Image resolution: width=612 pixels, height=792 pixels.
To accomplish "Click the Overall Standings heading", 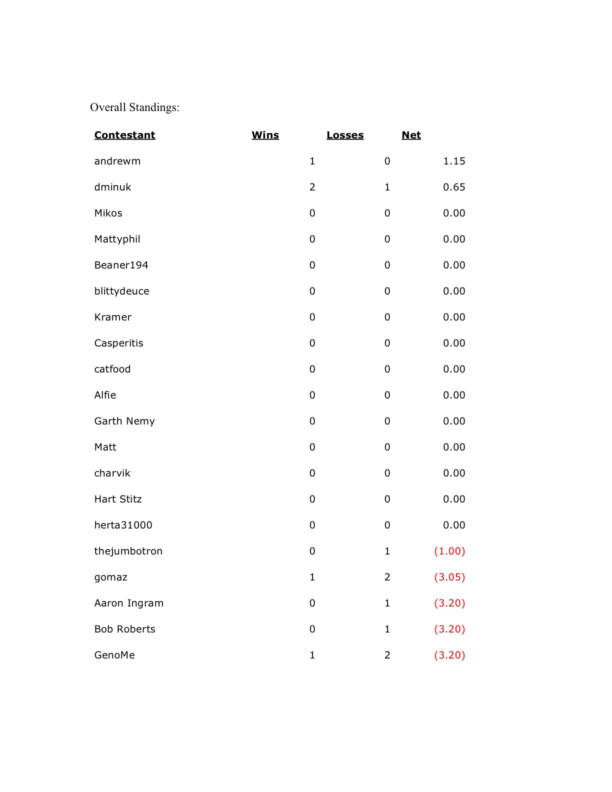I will click(134, 107).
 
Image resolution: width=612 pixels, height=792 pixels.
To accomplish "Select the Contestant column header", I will click(124, 135).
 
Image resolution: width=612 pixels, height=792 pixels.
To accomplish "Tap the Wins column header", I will click(265, 135).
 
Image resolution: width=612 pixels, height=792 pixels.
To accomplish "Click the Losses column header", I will click(345, 135).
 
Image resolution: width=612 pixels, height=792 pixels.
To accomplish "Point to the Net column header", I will click(411, 135).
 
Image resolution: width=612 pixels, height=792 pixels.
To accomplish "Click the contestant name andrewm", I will click(117, 161).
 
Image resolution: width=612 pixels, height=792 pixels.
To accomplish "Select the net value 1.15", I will click(454, 161).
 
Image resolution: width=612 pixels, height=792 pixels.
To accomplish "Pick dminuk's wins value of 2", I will click(312, 187).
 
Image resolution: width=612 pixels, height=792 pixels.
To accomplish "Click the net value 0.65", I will click(454, 187).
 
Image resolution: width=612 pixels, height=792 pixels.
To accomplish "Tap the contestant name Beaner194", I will click(121, 265).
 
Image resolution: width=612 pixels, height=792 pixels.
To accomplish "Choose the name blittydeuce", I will click(121, 291).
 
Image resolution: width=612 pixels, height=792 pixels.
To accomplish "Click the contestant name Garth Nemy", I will click(124, 421).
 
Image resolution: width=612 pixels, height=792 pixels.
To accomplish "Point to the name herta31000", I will click(123, 525).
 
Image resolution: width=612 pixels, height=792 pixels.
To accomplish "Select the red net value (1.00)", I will click(449, 551).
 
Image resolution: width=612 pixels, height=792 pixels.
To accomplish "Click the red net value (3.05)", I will click(449, 577).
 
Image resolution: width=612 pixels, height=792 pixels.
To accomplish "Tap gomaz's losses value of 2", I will click(387, 577).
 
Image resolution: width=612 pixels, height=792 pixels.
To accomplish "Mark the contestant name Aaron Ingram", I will click(129, 603).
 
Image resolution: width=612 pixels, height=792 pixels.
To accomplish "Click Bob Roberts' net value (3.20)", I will click(449, 629).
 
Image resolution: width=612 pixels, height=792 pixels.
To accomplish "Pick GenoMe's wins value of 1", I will click(312, 655).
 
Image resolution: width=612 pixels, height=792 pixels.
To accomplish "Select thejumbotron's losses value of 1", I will click(387, 551).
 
